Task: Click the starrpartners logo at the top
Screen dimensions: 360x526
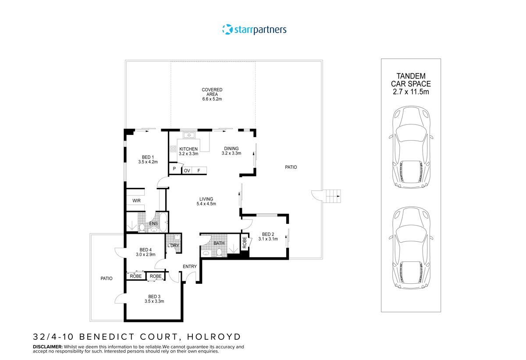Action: (254, 30)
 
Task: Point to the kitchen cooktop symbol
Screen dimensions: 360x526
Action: (173, 148)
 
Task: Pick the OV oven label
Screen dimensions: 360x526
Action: (187, 171)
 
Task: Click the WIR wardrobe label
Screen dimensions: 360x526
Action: (136, 201)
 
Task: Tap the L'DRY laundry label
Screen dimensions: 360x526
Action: (173, 246)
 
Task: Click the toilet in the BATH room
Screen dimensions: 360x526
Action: (218, 252)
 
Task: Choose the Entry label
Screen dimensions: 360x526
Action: (190, 266)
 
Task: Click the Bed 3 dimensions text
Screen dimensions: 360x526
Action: (154, 301)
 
